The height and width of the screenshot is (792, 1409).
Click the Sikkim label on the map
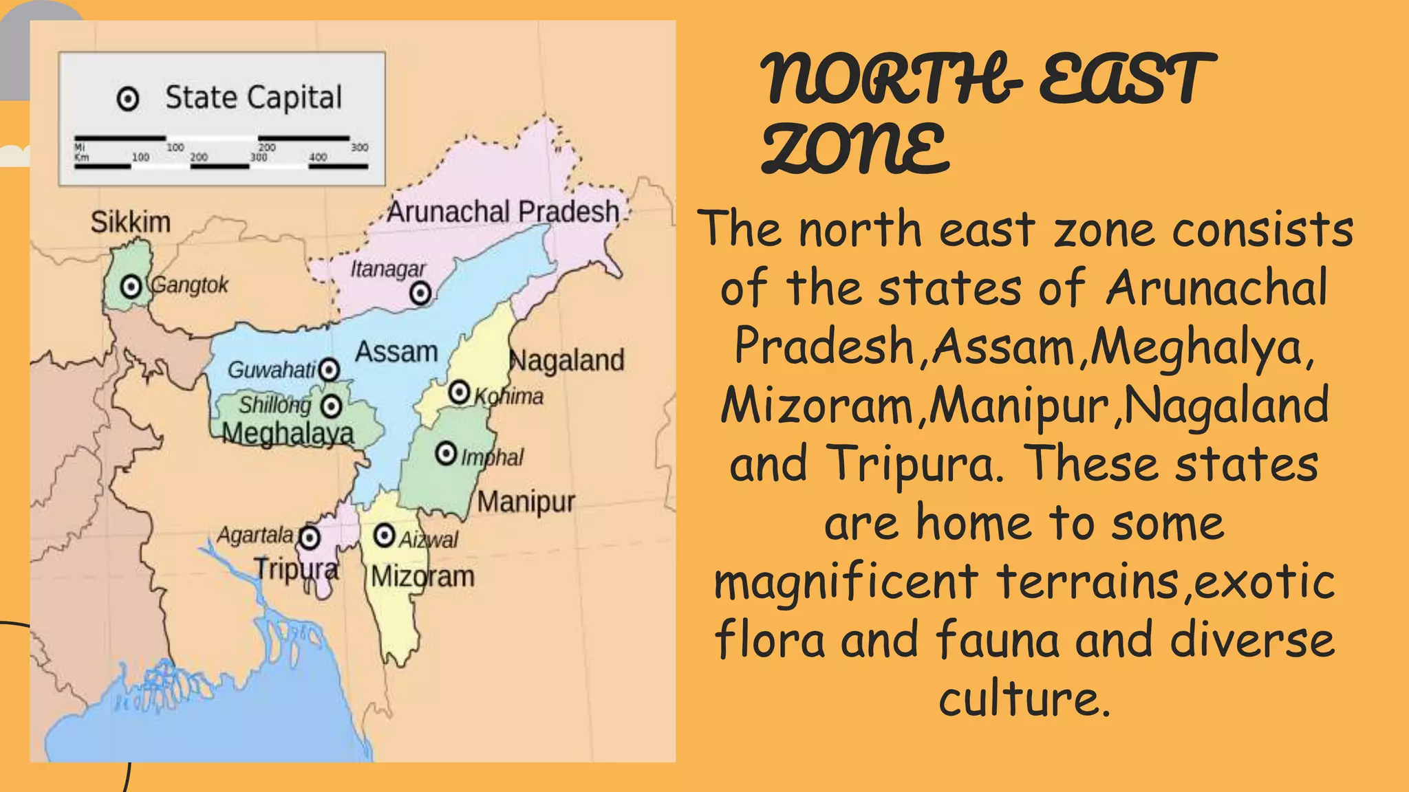(131, 223)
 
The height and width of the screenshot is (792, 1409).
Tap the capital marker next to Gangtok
(131, 286)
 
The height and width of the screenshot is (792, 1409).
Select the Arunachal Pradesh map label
(503, 212)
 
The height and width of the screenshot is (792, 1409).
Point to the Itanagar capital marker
(420, 294)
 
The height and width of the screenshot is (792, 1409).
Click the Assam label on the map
(396, 352)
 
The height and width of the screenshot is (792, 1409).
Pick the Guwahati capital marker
(330, 370)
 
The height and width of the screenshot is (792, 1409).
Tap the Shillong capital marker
(332, 406)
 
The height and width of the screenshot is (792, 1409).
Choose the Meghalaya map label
(288, 434)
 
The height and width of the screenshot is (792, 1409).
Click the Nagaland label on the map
(567, 360)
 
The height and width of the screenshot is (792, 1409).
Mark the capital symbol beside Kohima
(459, 393)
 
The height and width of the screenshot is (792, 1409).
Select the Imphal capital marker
(447, 454)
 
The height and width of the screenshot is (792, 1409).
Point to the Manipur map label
(526, 502)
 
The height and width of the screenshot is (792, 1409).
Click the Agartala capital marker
(310, 537)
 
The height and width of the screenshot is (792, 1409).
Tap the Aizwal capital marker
(384, 536)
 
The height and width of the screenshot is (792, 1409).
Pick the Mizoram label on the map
(423, 576)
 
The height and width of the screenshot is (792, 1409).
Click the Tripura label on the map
(297, 569)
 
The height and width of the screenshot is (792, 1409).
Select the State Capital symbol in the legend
(128, 99)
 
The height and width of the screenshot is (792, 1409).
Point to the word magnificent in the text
(846, 582)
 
